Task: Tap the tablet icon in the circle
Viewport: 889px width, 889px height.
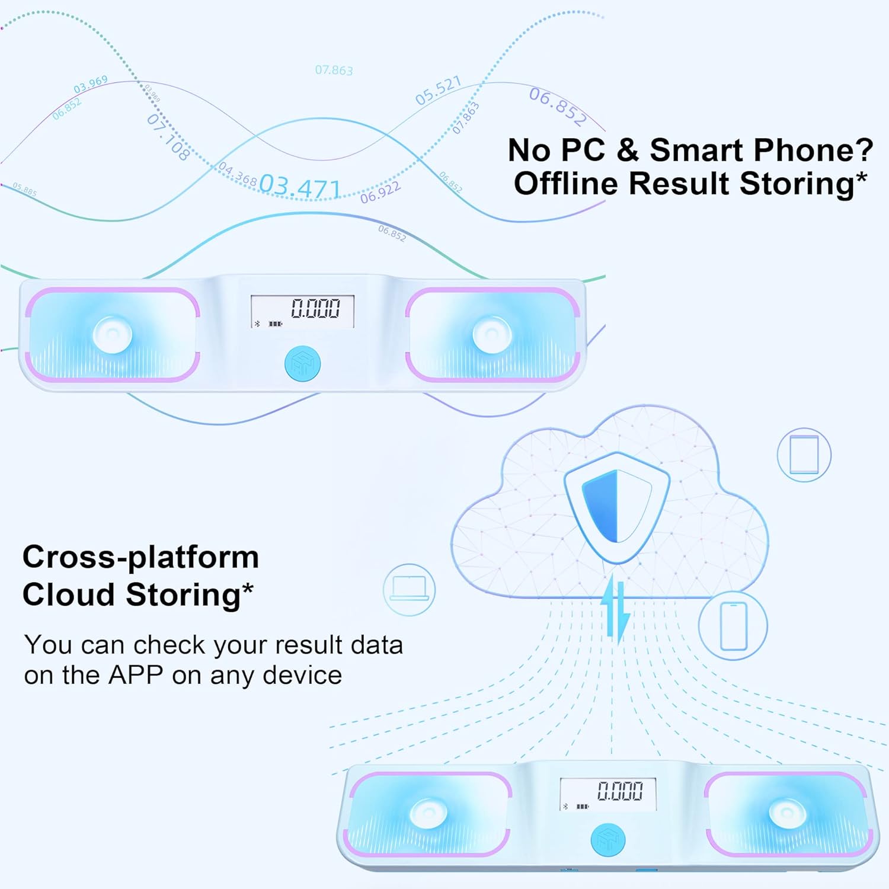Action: coord(804,455)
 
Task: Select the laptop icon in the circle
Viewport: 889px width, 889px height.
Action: coord(409,589)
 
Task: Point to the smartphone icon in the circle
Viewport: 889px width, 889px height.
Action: coord(733,626)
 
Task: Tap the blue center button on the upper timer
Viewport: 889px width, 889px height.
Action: coord(302,363)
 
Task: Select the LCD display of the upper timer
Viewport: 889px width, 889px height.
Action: coord(302,311)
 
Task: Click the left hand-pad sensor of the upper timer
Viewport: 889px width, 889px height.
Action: coord(113,334)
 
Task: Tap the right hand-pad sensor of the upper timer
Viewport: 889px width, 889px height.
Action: coord(493,334)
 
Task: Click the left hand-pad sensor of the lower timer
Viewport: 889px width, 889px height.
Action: coord(429,813)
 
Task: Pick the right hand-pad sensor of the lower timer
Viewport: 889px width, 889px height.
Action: coord(788,813)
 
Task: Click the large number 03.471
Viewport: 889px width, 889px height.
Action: coord(300,187)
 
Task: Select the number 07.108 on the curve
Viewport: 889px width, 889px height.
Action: coord(168,137)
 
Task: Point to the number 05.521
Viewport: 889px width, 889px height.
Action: coord(438,91)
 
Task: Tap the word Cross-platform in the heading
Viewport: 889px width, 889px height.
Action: coord(141,557)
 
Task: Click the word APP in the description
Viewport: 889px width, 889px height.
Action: coord(135,675)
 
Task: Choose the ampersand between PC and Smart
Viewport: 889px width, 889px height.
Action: coord(627,150)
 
